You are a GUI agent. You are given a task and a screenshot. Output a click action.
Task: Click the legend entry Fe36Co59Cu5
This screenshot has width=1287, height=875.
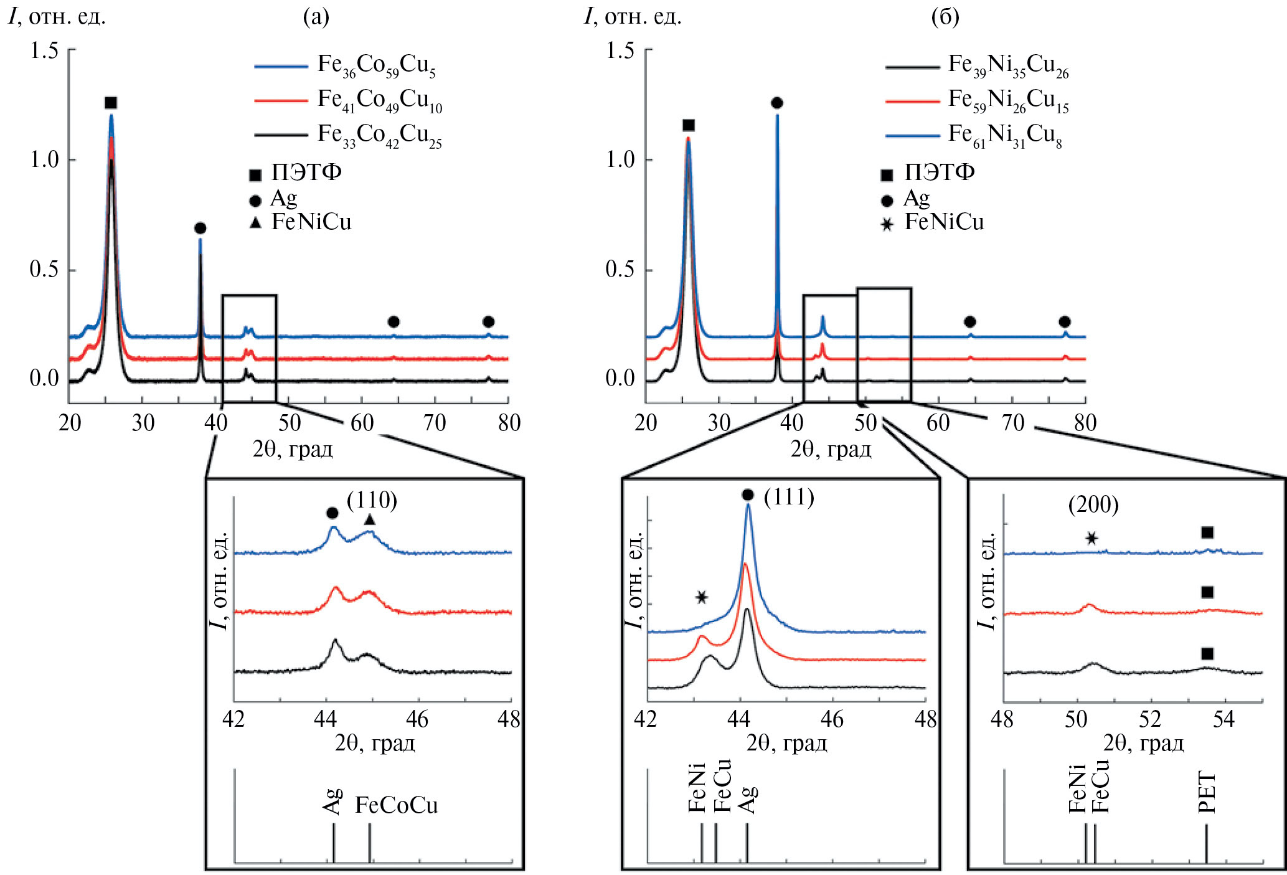point(375,65)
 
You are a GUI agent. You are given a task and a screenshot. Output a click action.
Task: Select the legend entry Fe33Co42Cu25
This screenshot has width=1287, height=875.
point(379,135)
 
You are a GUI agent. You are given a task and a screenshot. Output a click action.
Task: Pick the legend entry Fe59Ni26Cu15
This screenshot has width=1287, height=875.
point(1008,100)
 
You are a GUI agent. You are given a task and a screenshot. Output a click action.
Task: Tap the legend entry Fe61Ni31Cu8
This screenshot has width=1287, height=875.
point(1004,135)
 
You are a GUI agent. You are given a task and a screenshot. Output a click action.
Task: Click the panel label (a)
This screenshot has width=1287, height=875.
point(316,17)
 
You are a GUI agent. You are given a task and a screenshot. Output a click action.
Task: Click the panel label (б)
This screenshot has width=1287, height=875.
point(945,17)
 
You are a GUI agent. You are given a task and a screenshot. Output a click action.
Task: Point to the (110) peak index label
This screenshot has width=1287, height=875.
point(372,499)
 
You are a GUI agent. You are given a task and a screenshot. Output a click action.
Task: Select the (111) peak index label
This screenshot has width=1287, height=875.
point(789,496)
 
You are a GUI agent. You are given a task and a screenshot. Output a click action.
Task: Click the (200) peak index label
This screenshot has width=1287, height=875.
point(1093,504)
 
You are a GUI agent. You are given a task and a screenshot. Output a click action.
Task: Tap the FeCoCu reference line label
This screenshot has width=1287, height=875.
point(397,805)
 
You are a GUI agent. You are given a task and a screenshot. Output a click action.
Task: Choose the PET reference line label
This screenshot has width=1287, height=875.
point(1207,792)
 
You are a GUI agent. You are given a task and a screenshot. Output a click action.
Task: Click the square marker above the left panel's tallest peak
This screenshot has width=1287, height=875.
point(111,103)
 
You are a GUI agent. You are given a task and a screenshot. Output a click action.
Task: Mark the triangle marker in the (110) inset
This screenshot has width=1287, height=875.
point(370,519)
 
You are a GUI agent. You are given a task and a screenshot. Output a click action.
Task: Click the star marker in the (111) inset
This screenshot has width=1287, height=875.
point(702,597)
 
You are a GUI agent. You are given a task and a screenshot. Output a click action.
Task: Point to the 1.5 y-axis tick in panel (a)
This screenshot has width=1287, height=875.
point(44,50)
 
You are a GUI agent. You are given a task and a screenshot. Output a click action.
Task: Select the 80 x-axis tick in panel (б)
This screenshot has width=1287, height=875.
point(1085,423)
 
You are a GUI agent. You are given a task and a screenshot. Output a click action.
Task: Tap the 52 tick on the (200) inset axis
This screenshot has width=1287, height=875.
point(1150,719)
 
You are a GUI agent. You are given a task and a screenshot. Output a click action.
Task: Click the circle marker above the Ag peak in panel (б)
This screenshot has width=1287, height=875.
point(776,103)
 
